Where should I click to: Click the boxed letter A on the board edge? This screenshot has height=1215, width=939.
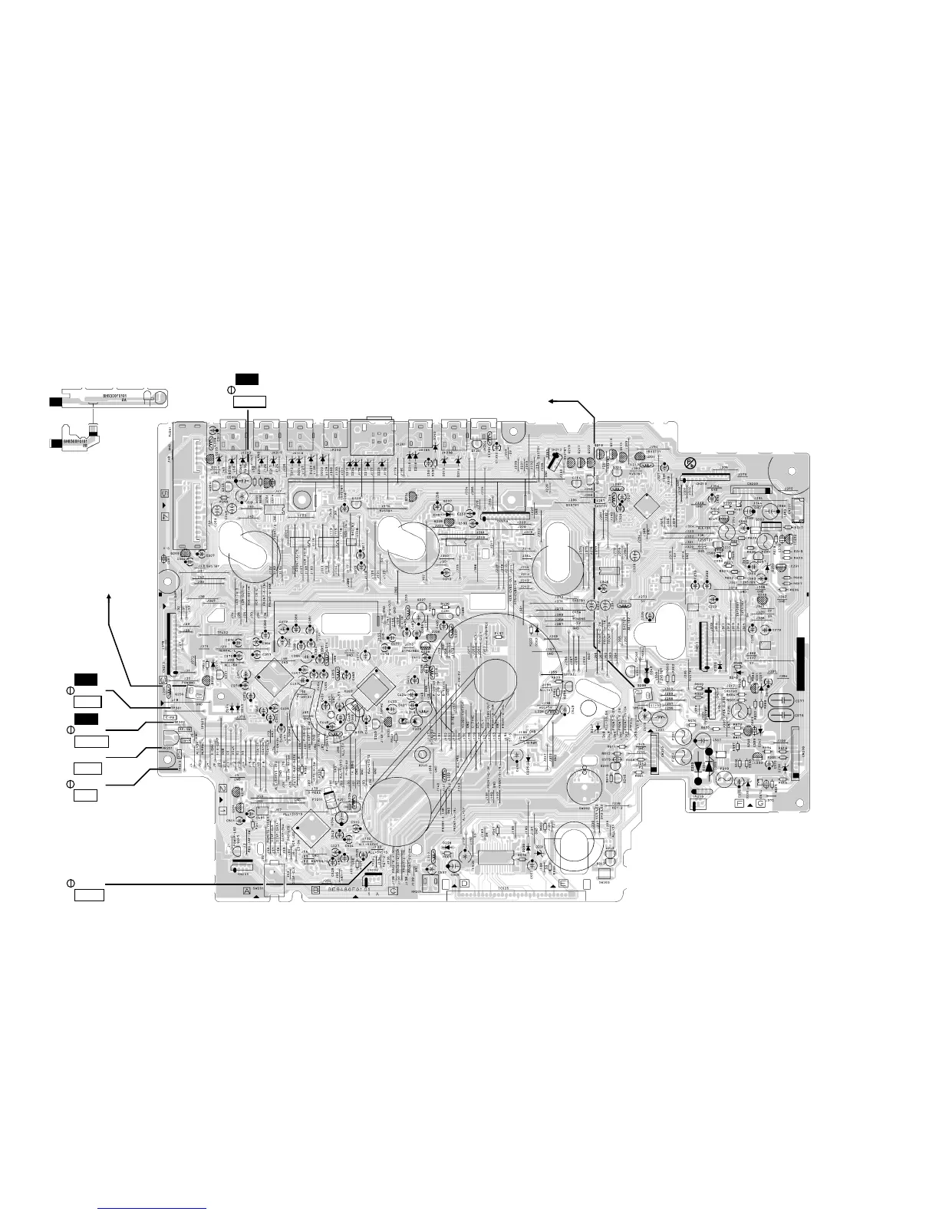(246, 891)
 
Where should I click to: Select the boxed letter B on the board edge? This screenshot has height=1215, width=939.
(315, 890)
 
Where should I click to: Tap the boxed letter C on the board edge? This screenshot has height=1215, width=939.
(394, 891)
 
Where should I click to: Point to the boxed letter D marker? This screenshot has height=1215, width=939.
(463, 884)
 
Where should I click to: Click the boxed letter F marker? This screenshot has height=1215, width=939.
(740, 804)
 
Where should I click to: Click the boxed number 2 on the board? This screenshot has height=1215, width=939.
(221, 788)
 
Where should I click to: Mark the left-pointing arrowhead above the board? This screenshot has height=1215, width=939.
(552, 400)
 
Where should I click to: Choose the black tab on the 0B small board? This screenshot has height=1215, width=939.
(54, 443)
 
